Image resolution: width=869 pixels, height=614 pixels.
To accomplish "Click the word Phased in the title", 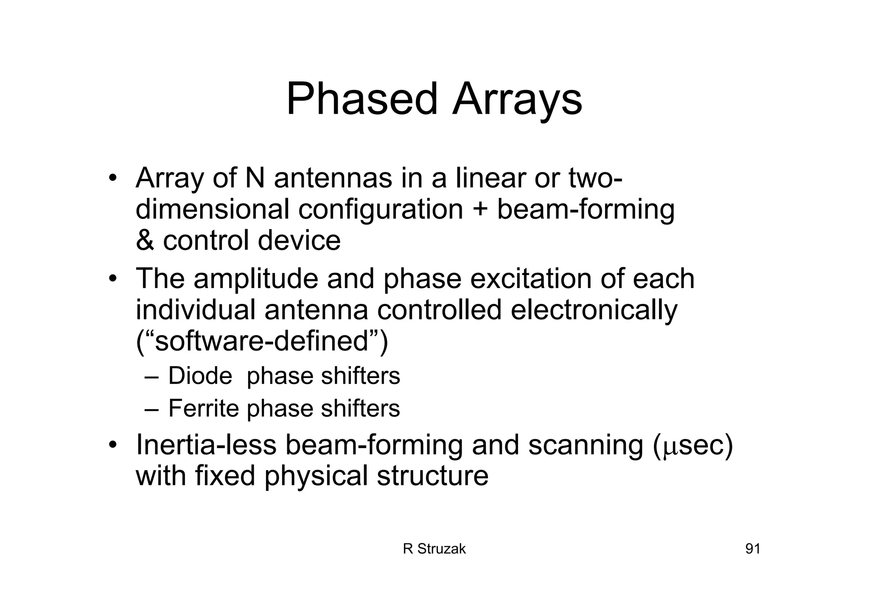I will pyautogui.click(x=362, y=99).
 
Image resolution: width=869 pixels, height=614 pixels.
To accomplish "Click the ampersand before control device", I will pyautogui.click(x=145, y=240).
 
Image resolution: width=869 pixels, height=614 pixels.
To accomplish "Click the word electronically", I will pyautogui.click(x=594, y=310).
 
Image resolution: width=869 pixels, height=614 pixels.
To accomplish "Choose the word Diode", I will pyautogui.click(x=200, y=376).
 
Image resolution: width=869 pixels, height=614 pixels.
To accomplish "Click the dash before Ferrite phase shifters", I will pyautogui.click(x=151, y=409).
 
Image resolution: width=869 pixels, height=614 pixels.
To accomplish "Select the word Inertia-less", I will pyautogui.click(x=206, y=445).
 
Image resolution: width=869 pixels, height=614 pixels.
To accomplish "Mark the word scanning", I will pyautogui.click(x=585, y=445).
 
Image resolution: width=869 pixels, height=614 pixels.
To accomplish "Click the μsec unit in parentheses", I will pyautogui.click(x=693, y=446).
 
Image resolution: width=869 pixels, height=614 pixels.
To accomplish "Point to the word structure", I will pyautogui.click(x=432, y=476).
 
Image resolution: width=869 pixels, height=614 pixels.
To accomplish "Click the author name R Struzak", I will pyautogui.click(x=434, y=549).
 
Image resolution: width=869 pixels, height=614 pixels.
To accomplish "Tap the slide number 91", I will pyautogui.click(x=753, y=549).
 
